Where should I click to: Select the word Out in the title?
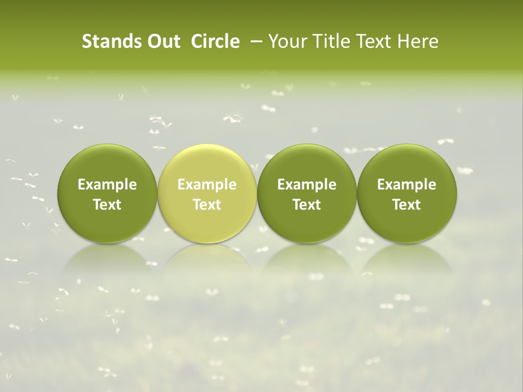pos(163,42)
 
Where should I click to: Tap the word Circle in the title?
pos(215,42)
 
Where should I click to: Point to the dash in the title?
pos(257,42)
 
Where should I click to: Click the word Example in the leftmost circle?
pos(107,185)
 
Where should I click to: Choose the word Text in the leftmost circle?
pos(107,205)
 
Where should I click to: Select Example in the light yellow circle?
pos(207,185)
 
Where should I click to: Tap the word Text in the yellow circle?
pos(207,205)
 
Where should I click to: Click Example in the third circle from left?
pos(307,185)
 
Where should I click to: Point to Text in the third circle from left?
pos(307,205)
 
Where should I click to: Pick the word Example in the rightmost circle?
pos(406,185)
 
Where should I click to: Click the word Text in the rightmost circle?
pos(406,205)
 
